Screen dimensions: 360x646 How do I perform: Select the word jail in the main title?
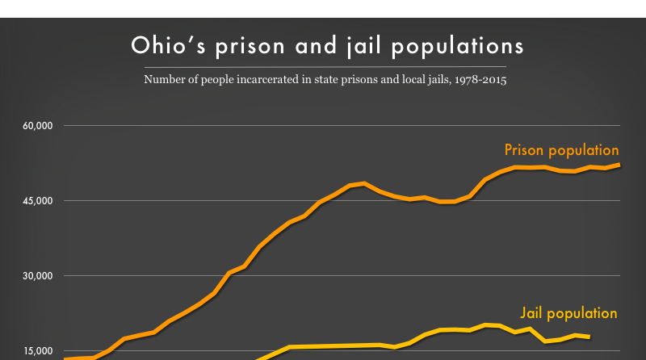pos(361,46)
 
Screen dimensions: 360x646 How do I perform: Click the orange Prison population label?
pos(561,150)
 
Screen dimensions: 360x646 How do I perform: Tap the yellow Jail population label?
pos(568,313)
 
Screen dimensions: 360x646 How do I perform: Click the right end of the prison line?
pos(619,165)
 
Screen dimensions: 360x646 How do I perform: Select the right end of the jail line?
pos(589,337)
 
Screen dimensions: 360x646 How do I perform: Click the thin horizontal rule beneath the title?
pos(323,66)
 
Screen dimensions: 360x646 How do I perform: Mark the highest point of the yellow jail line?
pos(486,324)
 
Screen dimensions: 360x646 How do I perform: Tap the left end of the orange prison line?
pos(65,358)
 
